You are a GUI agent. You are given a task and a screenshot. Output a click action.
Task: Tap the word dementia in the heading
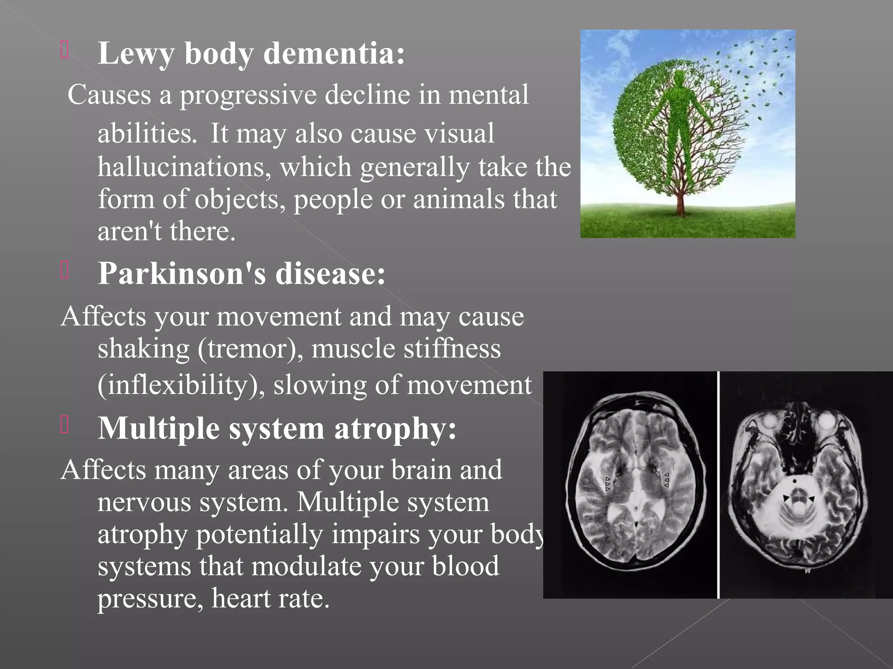coord(334,54)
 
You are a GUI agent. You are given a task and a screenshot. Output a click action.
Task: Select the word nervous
coord(144,502)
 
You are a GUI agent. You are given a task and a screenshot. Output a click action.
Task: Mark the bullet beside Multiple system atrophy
coord(65,425)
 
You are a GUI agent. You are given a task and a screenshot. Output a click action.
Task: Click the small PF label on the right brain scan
coord(808,571)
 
